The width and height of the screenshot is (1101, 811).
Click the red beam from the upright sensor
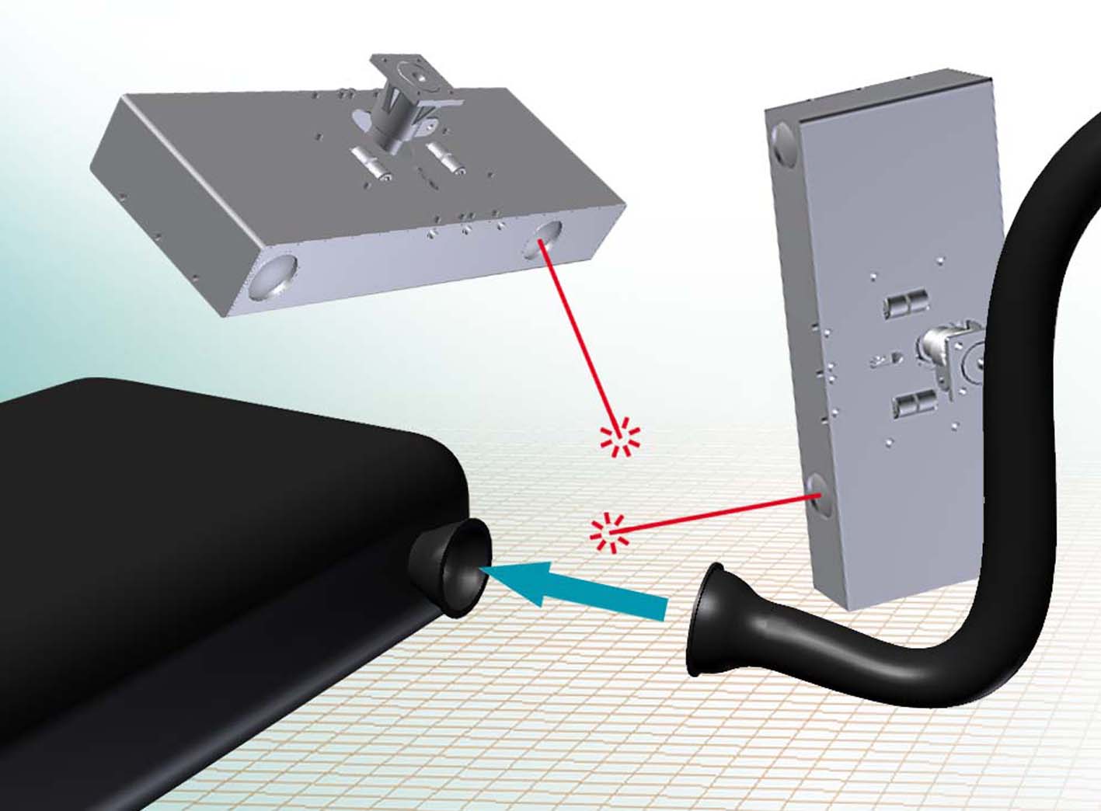coord(715,514)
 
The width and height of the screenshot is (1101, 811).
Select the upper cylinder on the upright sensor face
coord(904,305)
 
